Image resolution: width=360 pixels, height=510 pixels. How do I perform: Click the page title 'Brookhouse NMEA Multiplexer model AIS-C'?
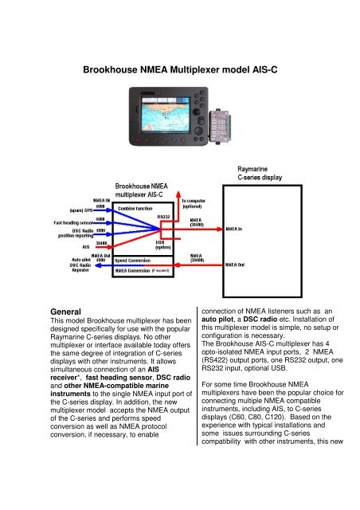pyautogui.click(x=179, y=69)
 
